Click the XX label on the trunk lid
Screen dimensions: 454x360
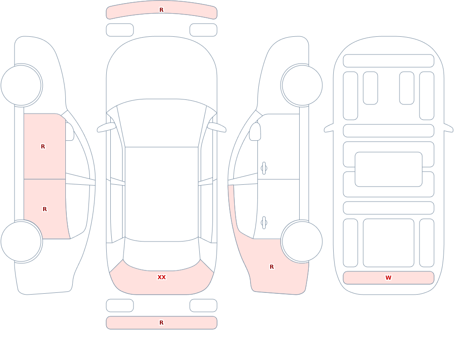(x=162, y=277)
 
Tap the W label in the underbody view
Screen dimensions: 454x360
(x=388, y=277)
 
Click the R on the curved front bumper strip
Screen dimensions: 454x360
(x=162, y=10)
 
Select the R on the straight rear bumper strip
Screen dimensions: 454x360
(x=162, y=323)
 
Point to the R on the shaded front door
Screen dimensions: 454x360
(x=43, y=147)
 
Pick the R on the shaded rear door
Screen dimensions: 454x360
(x=44, y=209)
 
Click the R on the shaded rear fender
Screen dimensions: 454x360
(x=271, y=267)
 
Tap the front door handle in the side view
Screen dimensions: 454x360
(x=264, y=168)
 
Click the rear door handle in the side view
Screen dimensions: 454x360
(x=264, y=223)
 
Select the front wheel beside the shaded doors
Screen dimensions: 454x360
(x=21, y=85)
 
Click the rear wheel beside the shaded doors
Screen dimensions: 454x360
(x=21, y=241)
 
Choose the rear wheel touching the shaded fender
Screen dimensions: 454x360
(x=302, y=241)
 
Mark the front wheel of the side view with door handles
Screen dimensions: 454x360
(x=302, y=85)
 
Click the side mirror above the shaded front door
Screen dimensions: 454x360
(x=69, y=132)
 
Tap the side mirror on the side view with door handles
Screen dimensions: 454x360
(x=255, y=132)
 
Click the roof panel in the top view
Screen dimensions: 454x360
(x=162, y=193)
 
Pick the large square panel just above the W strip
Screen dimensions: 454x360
(x=388, y=243)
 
